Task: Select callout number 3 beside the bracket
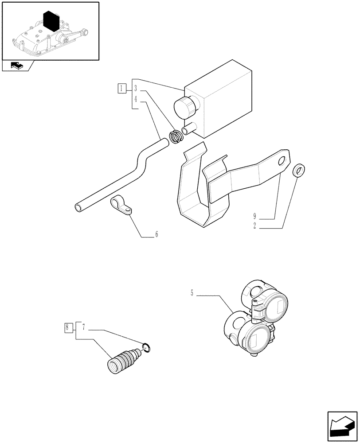(137, 88)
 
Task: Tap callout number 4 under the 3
(137, 100)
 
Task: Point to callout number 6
(156, 235)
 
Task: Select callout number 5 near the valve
(192, 293)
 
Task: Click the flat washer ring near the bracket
(300, 169)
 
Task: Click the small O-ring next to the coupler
(148, 348)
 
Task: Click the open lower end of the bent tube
(78, 207)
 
